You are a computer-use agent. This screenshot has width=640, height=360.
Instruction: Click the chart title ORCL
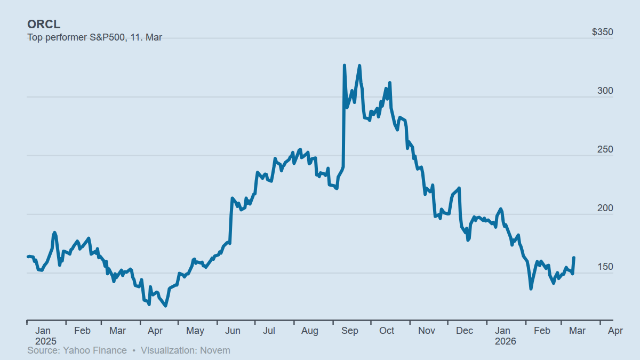(x=44, y=25)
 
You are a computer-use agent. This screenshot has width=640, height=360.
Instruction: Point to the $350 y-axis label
(x=603, y=32)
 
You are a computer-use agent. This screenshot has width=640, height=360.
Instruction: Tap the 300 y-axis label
(x=605, y=91)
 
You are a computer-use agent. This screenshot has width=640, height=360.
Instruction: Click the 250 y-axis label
(x=605, y=149)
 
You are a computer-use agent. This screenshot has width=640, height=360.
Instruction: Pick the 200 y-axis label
(x=605, y=208)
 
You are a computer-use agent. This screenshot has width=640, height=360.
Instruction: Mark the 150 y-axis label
(x=605, y=267)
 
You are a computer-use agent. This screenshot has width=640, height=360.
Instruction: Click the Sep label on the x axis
(x=349, y=331)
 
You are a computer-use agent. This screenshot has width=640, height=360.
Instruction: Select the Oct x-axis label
(x=387, y=331)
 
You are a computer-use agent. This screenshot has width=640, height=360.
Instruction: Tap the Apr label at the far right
(x=615, y=331)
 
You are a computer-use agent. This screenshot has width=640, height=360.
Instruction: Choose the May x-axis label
(x=195, y=331)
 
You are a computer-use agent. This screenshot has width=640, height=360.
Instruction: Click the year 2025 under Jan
(x=46, y=341)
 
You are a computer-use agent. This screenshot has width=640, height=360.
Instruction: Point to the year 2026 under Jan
(x=505, y=341)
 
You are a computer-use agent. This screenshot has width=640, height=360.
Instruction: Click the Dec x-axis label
(x=465, y=331)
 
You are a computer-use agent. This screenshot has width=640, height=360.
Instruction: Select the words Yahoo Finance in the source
(x=95, y=350)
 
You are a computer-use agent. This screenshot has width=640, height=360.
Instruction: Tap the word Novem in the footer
(x=218, y=350)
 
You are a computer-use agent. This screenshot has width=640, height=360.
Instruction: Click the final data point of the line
(x=574, y=258)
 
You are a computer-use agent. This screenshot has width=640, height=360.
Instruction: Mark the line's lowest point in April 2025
(x=166, y=306)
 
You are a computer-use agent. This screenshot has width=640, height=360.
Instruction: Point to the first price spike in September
(x=345, y=65)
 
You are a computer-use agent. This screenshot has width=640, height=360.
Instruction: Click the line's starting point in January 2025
(x=28, y=257)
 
